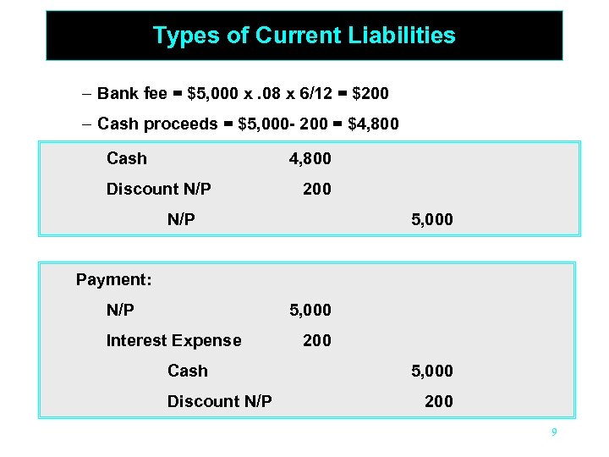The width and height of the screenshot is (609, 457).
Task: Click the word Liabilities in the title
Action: tap(403, 36)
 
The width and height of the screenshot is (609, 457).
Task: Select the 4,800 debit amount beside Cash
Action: tap(310, 158)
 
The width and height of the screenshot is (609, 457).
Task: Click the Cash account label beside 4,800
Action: tap(127, 158)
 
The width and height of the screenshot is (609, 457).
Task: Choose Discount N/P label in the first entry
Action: tap(158, 189)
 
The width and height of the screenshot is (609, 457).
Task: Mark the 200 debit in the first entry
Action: tap(317, 189)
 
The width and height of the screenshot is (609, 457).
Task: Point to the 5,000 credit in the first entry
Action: tap(432, 219)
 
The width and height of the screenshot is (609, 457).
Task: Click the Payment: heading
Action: tap(113, 279)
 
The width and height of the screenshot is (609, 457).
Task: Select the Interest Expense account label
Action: tap(173, 340)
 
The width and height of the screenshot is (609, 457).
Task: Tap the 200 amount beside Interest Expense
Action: tap(317, 340)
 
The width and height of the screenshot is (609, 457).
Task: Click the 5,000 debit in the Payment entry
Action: tap(310, 310)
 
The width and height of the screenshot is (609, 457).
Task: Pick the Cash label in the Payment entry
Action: tap(187, 371)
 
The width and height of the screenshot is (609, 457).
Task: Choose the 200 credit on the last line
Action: tap(438, 401)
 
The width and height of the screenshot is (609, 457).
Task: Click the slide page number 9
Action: tap(553, 432)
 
